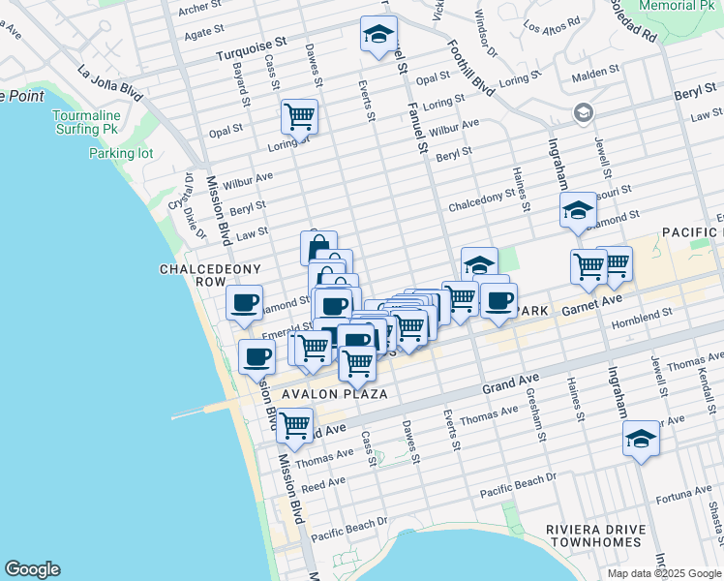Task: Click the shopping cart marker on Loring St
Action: coord(300,117)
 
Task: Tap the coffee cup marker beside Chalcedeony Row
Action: coord(244,302)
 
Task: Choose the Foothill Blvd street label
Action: coord(457,68)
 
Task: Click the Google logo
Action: coord(32,569)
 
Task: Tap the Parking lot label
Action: coord(121,153)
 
